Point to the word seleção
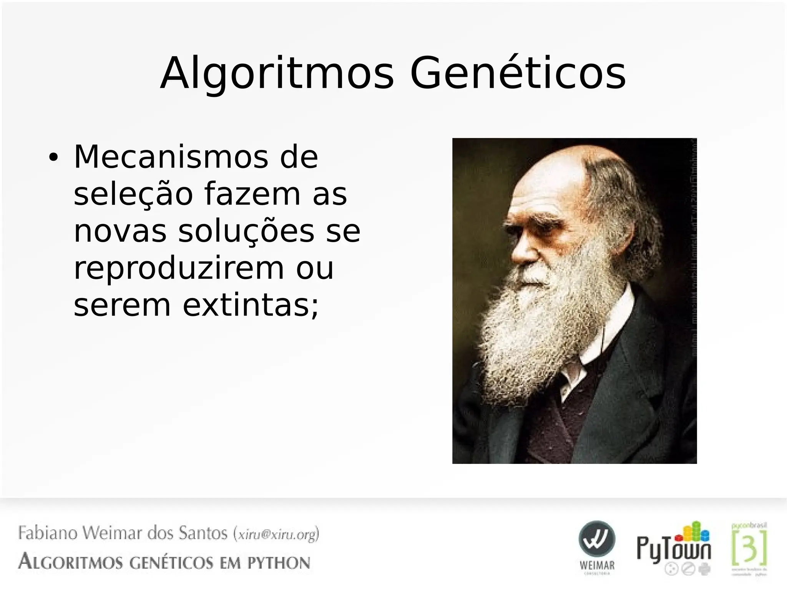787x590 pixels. (133, 194)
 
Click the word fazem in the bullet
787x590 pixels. (252, 194)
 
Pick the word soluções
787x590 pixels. (246, 231)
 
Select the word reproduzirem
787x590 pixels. (179, 268)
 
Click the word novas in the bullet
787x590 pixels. (120, 231)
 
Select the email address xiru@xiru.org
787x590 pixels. (276, 535)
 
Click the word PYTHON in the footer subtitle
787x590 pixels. (279, 563)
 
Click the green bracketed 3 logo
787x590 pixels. (749, 548)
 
